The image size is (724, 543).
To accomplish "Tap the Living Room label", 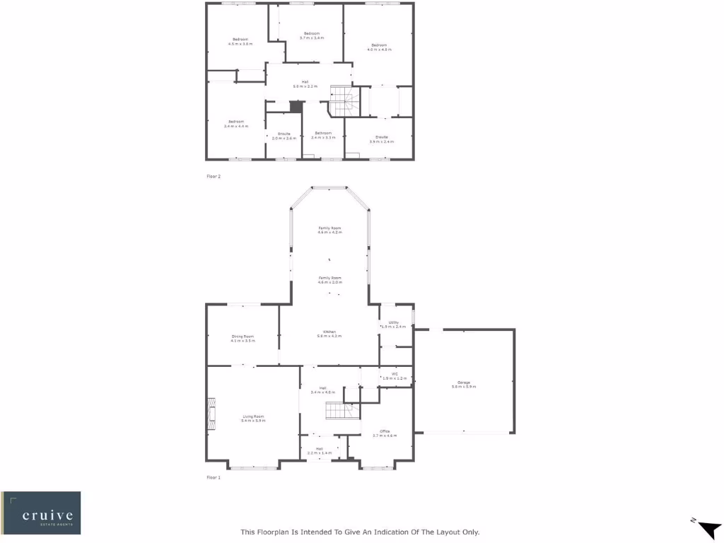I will coord(252,418).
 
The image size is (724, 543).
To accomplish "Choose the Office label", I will coord(385,433).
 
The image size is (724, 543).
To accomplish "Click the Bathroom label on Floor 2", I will coord(324,134).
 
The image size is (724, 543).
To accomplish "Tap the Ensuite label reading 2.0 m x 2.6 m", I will coord(284,136).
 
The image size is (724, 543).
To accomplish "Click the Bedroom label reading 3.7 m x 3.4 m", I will coord(312,35).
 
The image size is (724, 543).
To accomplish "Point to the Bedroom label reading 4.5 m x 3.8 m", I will coord(240,41).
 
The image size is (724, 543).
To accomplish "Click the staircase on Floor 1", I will coord(337,409).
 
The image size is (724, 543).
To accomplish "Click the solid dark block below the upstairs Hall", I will coord(296,107).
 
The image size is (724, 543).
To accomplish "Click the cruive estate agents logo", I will coord(41,513).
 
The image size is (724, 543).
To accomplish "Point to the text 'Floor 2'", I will coord(214,176).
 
